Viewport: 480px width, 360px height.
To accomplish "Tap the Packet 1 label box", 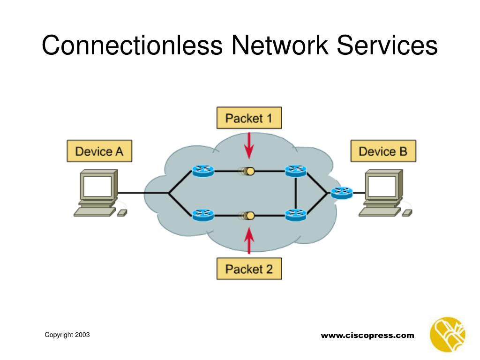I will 249,118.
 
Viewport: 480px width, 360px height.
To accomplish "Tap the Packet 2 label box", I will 249,269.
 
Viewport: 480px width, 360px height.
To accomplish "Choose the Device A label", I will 99,151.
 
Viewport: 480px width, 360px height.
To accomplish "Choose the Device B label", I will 383,151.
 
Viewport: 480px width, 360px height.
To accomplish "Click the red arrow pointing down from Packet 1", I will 249,145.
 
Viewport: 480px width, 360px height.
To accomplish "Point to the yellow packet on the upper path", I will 250,171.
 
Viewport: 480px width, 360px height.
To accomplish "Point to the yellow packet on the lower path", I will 250,216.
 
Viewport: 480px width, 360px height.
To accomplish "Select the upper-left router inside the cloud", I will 203,171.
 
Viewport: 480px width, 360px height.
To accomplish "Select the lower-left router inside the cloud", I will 203,215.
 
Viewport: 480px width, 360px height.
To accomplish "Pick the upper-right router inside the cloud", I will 296,171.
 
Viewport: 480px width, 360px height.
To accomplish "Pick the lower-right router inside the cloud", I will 296,215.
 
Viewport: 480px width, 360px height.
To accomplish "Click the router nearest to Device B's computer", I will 341,192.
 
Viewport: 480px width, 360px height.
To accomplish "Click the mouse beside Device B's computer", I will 407,213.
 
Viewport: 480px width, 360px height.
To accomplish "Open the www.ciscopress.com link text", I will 367,335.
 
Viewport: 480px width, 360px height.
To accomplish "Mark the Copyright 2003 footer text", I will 67,334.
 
